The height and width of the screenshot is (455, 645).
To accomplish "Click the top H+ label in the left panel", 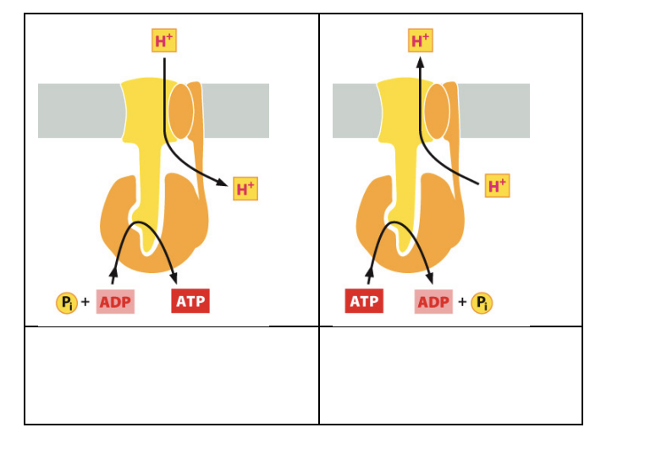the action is tap(164, 41).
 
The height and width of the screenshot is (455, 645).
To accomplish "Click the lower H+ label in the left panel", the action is tap(245, 189).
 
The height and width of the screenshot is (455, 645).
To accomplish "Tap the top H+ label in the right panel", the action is tap(421, 41).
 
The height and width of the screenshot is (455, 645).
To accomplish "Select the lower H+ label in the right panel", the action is tap(498, 185).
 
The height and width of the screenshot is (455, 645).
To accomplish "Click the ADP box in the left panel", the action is tap(115, 302).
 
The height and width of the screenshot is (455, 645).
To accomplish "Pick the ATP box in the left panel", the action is tap(190, 301).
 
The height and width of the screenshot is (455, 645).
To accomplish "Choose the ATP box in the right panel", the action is tap(364, 301).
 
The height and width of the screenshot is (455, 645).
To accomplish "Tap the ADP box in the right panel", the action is tap(433, 302).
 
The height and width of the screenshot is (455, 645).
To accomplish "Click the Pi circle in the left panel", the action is tap(65, 302).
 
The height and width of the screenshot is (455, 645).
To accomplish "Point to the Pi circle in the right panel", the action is tap(482, 302).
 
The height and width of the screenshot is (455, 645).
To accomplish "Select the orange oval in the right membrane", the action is tap(437, 111).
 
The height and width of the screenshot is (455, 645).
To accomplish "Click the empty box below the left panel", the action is tap(172, 375).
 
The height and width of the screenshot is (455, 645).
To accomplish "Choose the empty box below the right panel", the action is tap(450, 375).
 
